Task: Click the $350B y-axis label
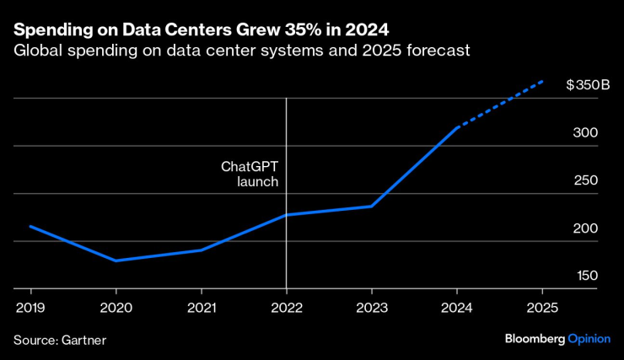click(582, 85)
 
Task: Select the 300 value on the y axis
click(586, 133)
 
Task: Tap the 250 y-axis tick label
click(586, 181)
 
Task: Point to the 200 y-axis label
click(586, 228)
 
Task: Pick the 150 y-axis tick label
click(586, 277)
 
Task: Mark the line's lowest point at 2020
click(116, 261)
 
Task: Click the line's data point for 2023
click(371, 206)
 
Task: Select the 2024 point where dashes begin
click(456, 127)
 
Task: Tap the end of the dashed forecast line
click(542, 82)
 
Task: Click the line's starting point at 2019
click(30, 226)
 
